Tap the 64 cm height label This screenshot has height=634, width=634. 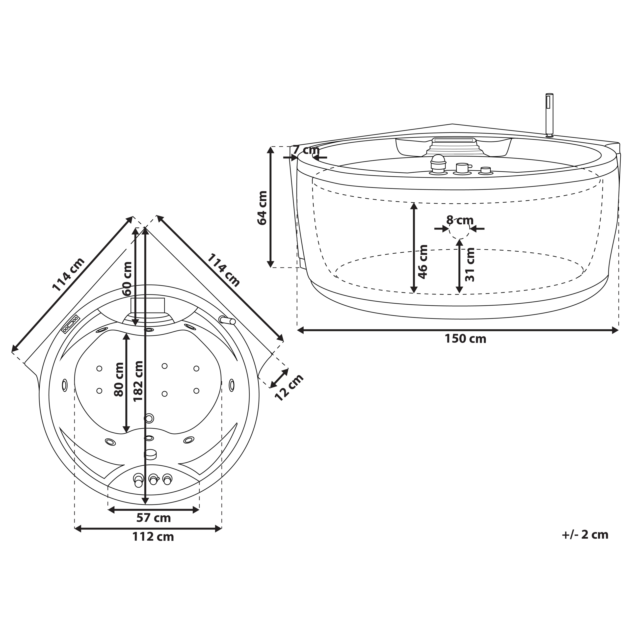(x=262, y=208)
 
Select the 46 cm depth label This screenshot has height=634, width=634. (x=423, y=262)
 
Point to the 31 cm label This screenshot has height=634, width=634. (x=470, y=264)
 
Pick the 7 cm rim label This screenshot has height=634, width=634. (x=306, y=150)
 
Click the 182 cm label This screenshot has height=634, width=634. (x=138, y=381)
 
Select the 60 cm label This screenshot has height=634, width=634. (x=127, y=279)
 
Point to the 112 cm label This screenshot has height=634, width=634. (x=153, y=537)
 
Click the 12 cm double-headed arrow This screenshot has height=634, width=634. (x=279, y=378)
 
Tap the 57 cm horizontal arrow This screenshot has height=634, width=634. (x=153, y=510)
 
